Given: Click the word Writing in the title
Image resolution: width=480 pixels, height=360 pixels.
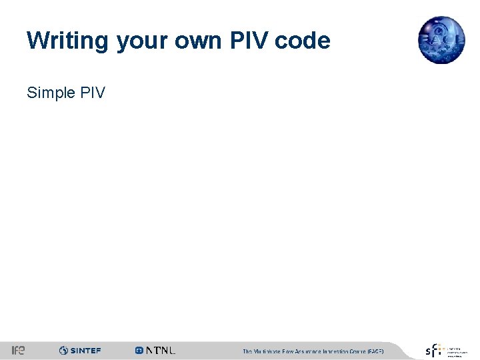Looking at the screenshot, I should coord(67,41).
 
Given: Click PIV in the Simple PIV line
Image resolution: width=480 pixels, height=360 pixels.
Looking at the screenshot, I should coord(92,93).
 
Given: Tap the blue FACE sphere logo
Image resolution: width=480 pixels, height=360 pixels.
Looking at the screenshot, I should coord(441,40).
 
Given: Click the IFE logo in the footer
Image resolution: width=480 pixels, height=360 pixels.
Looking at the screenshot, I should coord(18,351).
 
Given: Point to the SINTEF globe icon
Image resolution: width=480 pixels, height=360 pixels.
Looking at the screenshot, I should coord(63,351).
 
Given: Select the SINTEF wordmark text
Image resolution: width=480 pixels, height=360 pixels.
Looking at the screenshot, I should coord(85,351).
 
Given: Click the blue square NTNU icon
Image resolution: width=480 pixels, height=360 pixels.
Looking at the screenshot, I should coord(139,351).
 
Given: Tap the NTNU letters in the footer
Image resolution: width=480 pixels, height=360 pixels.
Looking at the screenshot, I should coord(161,351).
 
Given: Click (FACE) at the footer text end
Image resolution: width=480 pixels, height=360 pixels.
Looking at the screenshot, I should coord(376,351).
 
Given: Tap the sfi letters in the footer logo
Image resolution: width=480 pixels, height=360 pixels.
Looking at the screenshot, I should coord(433,350).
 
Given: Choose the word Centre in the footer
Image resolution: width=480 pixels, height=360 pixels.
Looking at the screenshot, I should coord(361,351).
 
